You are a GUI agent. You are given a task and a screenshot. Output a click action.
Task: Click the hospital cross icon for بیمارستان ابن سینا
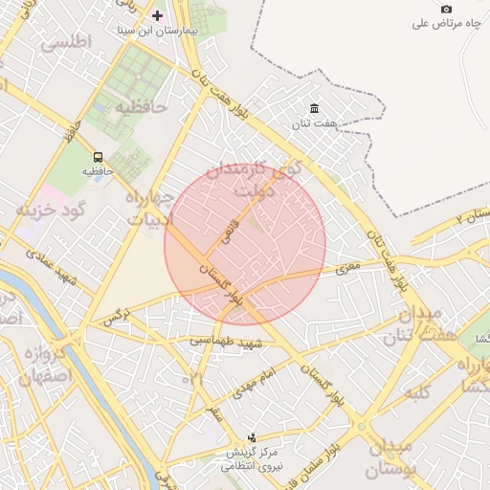coord(158,16)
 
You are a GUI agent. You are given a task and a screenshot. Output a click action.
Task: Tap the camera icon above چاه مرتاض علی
coord(446,9)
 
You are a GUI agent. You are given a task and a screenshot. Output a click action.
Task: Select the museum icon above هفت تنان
coord(314,109)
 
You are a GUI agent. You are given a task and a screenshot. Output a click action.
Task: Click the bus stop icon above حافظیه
coord(98,157)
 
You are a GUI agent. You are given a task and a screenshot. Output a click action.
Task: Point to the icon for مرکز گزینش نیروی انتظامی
coord(252,436)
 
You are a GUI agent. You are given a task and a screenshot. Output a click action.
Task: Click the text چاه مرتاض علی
coord(446,23)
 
